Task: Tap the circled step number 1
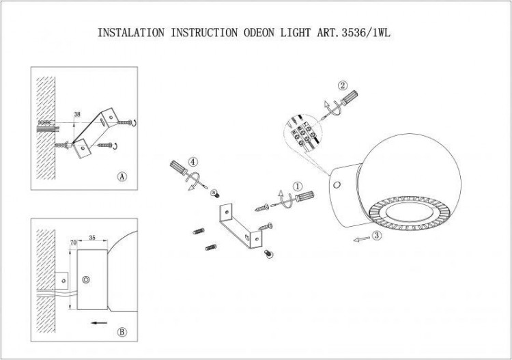point(298,185)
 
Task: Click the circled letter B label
point(122,333)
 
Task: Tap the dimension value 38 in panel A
point(78,115)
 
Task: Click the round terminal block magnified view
point(301,130)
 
